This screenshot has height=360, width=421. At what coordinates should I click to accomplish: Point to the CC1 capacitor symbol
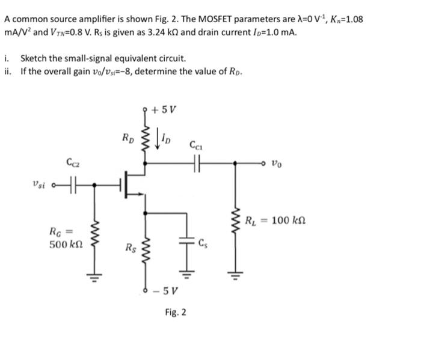coord(195,162)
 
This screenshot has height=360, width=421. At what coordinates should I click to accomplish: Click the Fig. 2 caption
coord(175,313)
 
